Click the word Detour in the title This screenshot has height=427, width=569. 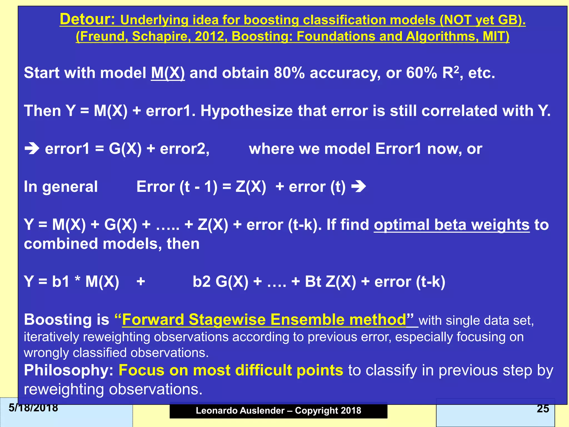pos(87,19)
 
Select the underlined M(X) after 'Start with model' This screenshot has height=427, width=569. pos(168,73)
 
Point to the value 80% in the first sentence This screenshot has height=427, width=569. pos(289,73)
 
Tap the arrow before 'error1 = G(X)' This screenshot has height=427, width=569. pos(32,149)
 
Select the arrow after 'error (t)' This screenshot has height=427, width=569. pos(359,187)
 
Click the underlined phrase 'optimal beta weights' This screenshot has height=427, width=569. pos(451,225)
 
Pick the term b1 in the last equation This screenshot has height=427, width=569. pos(61,281)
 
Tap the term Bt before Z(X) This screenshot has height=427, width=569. pos(313,281)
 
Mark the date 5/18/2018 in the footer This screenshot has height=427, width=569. pos(33,408)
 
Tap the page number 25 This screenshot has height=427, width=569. pos(543,408)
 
